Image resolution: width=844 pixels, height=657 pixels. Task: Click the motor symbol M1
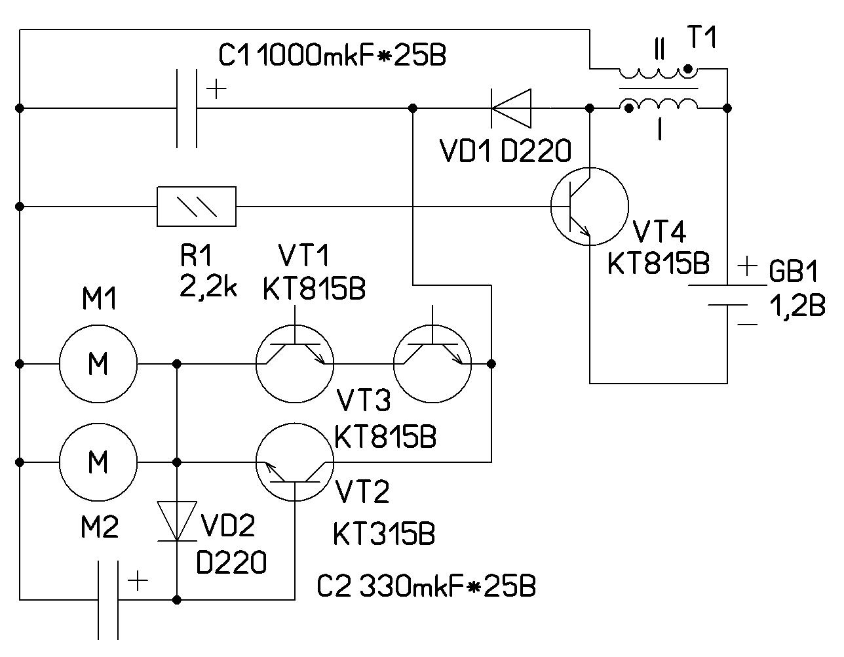tap(98, 363)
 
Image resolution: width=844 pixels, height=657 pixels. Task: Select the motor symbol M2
tap(98, 462)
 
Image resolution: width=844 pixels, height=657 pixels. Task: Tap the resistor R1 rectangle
tap(197, 207)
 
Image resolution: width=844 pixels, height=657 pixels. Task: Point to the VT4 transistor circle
tap(589, 207)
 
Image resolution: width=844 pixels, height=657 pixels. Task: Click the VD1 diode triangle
tap(511, 108)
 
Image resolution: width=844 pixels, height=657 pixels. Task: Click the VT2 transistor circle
tap(295, 462)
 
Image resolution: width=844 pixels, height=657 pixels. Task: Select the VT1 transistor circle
tap(295, 363)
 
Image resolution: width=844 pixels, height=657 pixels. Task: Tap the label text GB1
tap(794, 271)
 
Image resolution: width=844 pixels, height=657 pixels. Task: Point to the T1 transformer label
tap(702, 38)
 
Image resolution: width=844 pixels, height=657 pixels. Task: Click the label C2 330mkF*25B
tap(426, 586)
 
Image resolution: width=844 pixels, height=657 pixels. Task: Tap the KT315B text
tap(384, 534)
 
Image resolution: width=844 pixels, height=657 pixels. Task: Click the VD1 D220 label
tap(505, 153)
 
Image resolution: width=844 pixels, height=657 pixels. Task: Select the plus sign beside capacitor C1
tap(216, 89)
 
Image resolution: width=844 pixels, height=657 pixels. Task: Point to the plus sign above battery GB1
tap(748, 266)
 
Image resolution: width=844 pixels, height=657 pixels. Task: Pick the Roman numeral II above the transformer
tap(659, 49)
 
